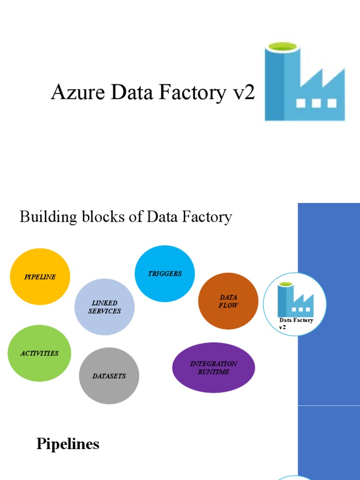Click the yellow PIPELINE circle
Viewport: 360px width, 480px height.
tap(40, 277)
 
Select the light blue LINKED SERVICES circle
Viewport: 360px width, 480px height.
tap(105, 307)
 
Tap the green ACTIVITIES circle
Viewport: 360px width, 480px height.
tap(40, 353)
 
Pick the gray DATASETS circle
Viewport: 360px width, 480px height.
tap(109, 375)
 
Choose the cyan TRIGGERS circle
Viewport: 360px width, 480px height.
tap(165, 273)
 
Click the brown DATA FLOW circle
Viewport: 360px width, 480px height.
tap(228, 301)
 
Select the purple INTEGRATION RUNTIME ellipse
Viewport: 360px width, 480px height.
tap(213, 367)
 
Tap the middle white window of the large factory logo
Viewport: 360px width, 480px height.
tap(316, 103)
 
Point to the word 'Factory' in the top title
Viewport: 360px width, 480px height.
tap(193, 92)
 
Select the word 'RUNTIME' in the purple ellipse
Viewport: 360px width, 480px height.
tap(213, 372)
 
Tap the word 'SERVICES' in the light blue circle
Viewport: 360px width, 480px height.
tap(105, 311)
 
